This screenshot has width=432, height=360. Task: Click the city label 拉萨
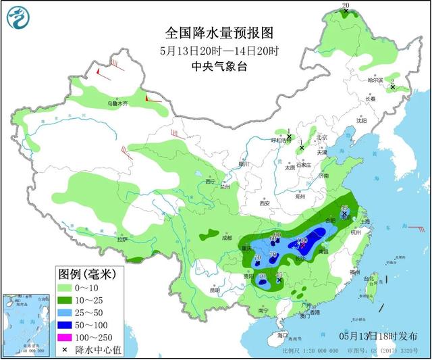coord(122,239)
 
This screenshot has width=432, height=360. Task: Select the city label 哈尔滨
coord(375,80)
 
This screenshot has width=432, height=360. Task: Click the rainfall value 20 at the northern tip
coord(346,6)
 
